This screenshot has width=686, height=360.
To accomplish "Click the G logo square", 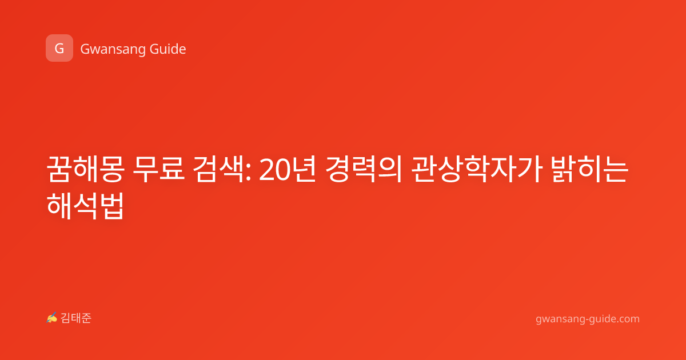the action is (59, 48).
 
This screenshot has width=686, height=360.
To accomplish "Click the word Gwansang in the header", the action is (113, 50).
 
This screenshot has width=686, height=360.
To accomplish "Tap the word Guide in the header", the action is (168, 49).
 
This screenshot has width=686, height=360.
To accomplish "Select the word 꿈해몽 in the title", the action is (85, 169).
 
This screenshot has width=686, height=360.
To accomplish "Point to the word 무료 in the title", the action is (159, 169).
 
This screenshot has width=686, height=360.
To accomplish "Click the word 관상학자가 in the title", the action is (476, 169).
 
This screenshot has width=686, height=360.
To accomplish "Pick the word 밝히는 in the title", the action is (589, 169).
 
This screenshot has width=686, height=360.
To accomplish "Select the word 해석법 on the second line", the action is (85, 206).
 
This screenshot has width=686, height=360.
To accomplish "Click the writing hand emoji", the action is (52, 318).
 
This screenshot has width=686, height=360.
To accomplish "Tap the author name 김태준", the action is (76, 318).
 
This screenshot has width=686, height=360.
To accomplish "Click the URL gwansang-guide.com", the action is (588, 319).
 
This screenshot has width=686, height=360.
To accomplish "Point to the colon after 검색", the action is (248, 173).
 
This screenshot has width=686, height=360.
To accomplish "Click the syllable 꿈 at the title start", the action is (59, 169).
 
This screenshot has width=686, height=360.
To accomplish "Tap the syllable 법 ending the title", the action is (112, 206).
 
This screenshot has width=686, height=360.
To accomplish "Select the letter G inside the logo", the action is (59, 49).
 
